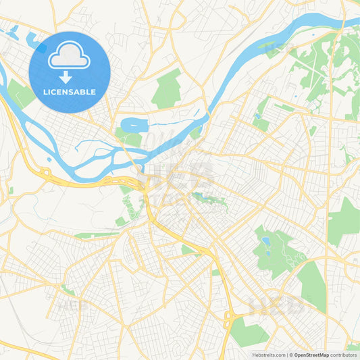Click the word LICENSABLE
click(x=70, y=91)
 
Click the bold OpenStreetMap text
click(x=311, y=355)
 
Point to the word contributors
click(x=343, y=355)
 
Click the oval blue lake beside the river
click(x=134, y=124)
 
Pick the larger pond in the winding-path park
click(x=266, y=240)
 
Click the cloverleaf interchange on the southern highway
click(x=231, y=315)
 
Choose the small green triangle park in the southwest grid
click(x=68, y=290)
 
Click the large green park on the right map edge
click(x=346, y=221)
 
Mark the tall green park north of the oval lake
click(x=168, y=89)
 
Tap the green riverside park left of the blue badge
click(x=20, y=94)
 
